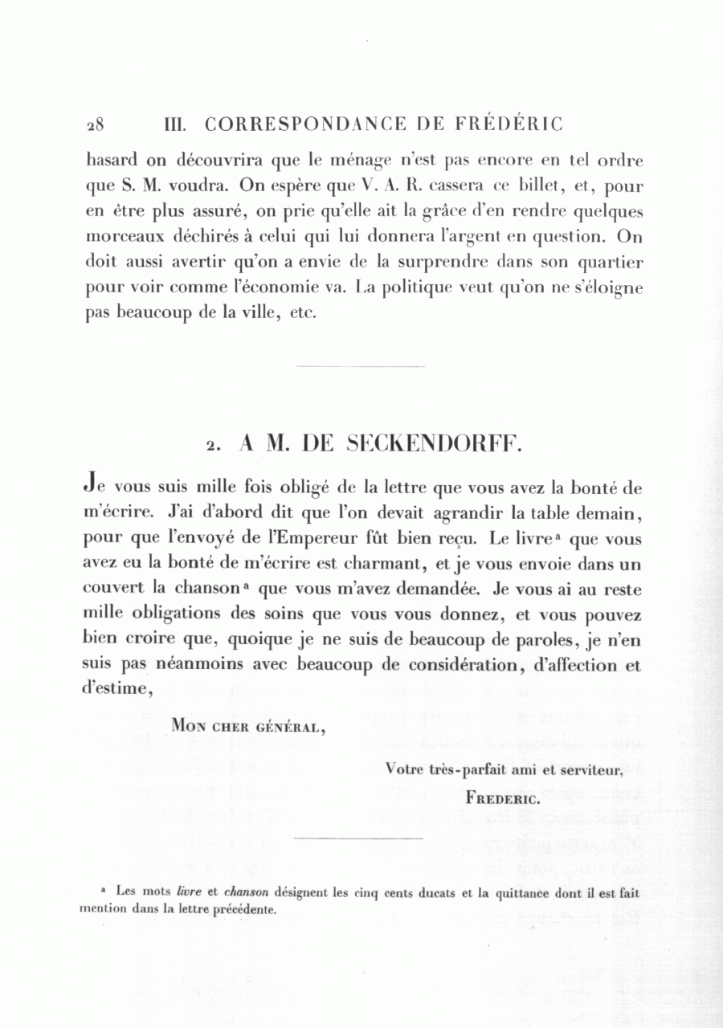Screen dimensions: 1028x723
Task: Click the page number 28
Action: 96,124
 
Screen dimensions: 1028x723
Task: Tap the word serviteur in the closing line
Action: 594,769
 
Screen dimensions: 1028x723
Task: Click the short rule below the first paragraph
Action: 361,367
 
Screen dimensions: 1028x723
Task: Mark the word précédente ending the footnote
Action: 243,911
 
